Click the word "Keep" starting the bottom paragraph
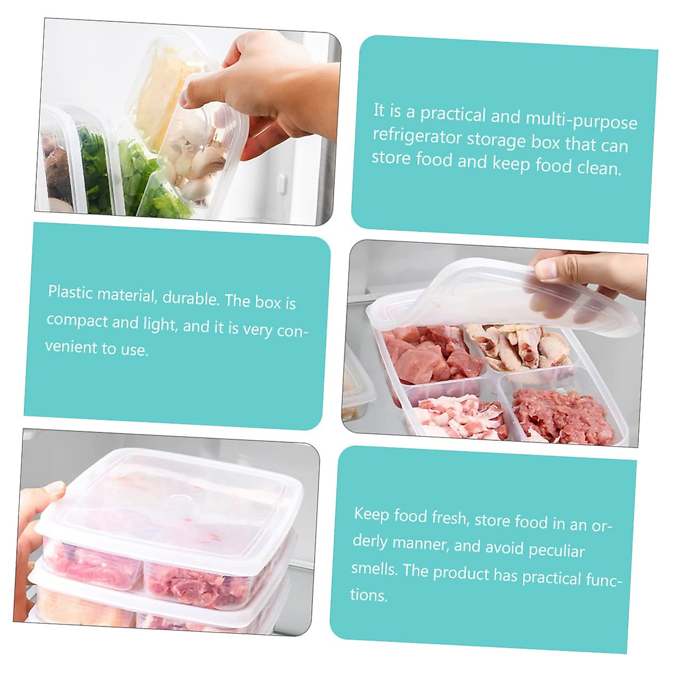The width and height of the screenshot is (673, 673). click(x=371, y=514)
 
